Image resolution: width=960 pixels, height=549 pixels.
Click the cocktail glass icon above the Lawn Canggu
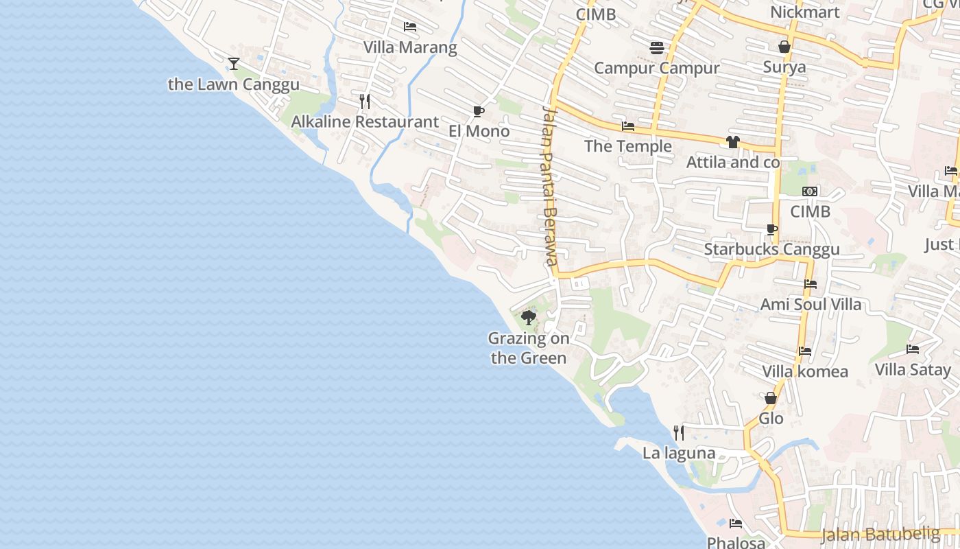(234, 64)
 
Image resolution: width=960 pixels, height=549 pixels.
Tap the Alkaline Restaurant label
(365, 122)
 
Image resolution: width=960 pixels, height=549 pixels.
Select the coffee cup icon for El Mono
(479, 111)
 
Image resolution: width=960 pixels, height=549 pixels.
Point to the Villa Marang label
(410, 47)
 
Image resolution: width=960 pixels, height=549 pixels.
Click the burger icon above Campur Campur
(657, 47)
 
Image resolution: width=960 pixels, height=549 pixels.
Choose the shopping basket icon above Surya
(784, 47)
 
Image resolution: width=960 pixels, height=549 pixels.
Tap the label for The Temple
(628, 146)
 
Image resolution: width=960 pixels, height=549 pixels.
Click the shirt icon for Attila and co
(733, 142)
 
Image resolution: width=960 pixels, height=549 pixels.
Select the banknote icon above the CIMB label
(810, 191)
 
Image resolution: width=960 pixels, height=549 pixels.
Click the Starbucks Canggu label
(771, 249)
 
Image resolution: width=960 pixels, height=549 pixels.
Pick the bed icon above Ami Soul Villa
(811, 284)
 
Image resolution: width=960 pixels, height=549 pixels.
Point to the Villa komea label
(805, 372)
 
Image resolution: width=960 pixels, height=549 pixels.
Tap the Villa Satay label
(913, 370)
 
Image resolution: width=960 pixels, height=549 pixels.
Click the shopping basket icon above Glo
(771, 398)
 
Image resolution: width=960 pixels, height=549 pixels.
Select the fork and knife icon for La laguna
(679, 432)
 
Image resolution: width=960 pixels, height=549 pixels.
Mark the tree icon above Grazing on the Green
(528, 317)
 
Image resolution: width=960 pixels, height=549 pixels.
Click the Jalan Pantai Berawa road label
(548, 185)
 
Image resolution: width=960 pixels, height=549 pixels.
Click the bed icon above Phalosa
(736, 524)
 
